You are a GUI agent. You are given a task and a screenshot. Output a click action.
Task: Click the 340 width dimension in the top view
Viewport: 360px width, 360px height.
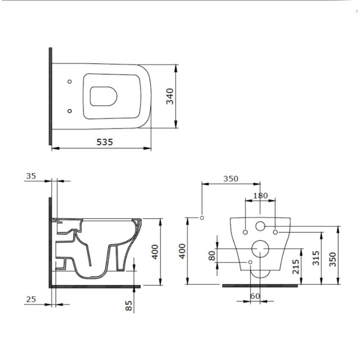coord(170,96)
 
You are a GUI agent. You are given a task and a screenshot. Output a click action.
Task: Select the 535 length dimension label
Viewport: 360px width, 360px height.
coord(105,142)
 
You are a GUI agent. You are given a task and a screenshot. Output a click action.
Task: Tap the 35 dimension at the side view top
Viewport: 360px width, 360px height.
coord(31,176)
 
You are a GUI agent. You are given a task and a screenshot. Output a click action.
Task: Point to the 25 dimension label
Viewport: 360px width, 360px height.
coord(31,300)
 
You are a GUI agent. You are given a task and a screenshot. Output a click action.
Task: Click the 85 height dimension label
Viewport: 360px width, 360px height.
coord(129,305)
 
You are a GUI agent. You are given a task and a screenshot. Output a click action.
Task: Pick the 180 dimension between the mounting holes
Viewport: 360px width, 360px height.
coord(260,195)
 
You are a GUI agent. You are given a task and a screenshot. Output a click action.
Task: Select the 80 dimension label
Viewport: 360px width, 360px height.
coord(212,256)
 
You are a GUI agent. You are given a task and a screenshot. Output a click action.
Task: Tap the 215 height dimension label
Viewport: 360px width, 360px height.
coord(296,267)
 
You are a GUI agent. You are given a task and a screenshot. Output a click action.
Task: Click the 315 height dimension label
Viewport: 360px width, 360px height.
coord(316,258)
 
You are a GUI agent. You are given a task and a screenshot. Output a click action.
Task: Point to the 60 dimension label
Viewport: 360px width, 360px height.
coord(255,296)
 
